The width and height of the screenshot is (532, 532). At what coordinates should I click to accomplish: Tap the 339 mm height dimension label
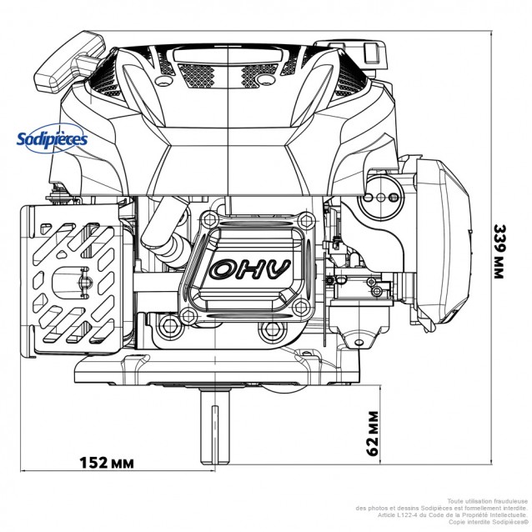pos(499,250)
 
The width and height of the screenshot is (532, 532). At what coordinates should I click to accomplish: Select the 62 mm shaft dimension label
pos(374,433)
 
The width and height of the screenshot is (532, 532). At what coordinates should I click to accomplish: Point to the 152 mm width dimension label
pos(108,461)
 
